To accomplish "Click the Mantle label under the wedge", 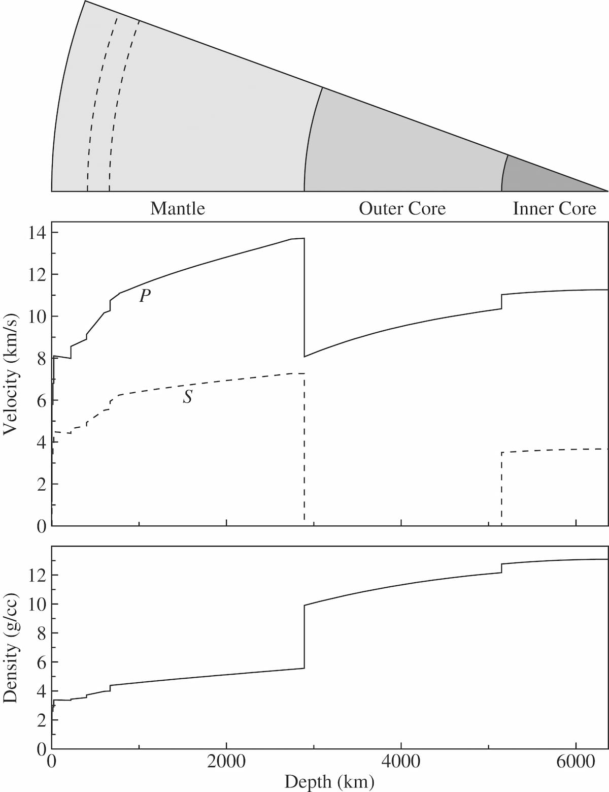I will (178, 209).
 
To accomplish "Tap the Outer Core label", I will (402, 209).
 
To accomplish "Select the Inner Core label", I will (554, 209).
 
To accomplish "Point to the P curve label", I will (145, 296).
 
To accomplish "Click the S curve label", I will (188, 397).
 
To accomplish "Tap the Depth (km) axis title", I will (329, 781).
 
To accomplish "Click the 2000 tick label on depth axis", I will (226, 762).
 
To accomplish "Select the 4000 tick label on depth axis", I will (401, 762).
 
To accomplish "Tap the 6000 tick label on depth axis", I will (576, 762).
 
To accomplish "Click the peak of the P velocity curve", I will (303, 238).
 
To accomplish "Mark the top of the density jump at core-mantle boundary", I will (304, 605).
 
